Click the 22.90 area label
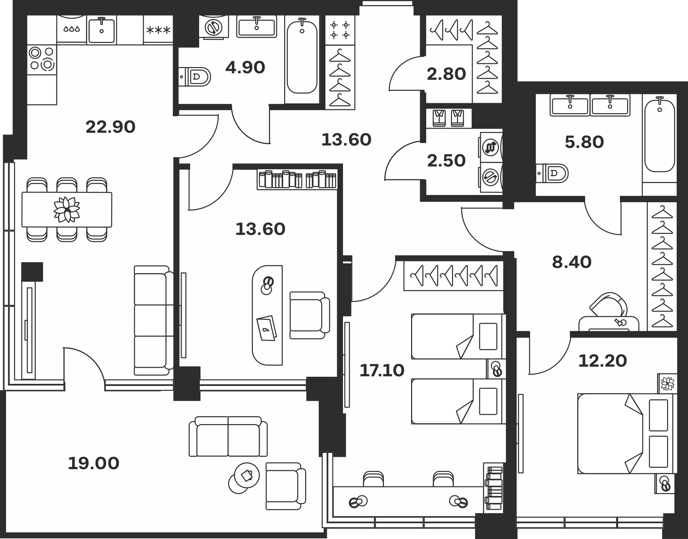coord(110,127)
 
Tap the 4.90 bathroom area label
coord(245,67)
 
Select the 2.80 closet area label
coord(446,74)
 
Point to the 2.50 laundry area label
coord(446,161)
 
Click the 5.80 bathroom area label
coord(584,142)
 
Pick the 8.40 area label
coord(572,262)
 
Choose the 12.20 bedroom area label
coord(603,361)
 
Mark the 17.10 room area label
coord(382,370)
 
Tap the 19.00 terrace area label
coord(94,463)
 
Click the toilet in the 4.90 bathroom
coord(195,76)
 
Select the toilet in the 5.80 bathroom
coord(552,173)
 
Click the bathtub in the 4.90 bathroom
coord(302,57)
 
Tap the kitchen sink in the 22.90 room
coord(101,30)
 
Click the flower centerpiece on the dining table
coord(67,209)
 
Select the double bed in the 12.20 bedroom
coord(627,434)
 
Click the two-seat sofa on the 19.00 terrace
coord(228,436)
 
